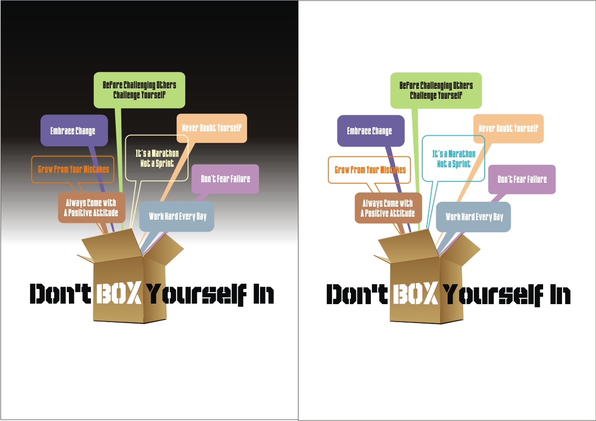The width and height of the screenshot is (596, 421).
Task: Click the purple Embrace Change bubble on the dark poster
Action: click(x=74, y=130)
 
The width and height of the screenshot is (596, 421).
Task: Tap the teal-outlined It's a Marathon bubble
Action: click(x=453, y=158)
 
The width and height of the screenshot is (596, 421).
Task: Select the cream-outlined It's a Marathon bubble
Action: click(x=157, y=158)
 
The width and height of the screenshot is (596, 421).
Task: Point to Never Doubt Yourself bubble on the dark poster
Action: click(x=212, y=128)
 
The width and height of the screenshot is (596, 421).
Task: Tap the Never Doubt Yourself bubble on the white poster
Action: click(x=508, y=128)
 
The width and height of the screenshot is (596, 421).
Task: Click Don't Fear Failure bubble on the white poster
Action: click(x=522, y=179)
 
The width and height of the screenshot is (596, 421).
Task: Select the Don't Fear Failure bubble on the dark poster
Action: click(x=225, y=179)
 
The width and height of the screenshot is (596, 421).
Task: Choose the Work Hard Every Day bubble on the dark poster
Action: click(x=177, y=216)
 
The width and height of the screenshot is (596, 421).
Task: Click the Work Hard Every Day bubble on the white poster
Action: click(x=474, y=217)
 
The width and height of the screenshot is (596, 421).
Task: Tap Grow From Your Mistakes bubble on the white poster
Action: click(x=370, y=170)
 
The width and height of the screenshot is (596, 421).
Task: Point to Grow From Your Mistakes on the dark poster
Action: click(x=73, y=169)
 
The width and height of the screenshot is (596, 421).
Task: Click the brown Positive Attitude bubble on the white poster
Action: click(x=388, y=208)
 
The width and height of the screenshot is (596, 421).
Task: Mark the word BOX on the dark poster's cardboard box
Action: click(x=118, y=294)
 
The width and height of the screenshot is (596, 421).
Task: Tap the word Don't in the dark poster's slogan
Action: click(x=60, y=294)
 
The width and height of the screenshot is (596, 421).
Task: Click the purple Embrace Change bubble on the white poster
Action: click(x=370, y=131)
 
